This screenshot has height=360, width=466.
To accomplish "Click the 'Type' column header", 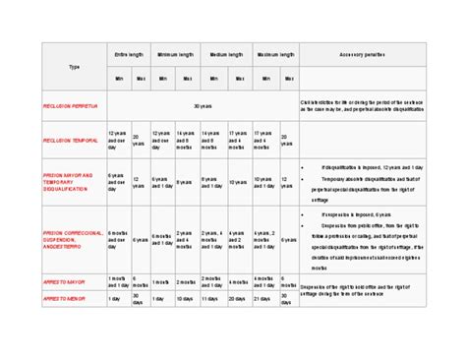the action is point(74,67).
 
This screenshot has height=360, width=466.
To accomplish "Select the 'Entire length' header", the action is point(130,55).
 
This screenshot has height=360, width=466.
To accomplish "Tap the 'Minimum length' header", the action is point(177,55).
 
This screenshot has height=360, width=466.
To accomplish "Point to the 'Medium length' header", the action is point(226,55).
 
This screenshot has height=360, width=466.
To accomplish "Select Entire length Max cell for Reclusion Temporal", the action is point(142,141).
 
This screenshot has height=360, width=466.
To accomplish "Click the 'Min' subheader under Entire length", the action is point(118,78).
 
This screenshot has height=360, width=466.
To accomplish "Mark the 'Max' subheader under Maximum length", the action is point(287,78).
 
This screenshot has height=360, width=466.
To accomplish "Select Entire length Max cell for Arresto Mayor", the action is point(142,281).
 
